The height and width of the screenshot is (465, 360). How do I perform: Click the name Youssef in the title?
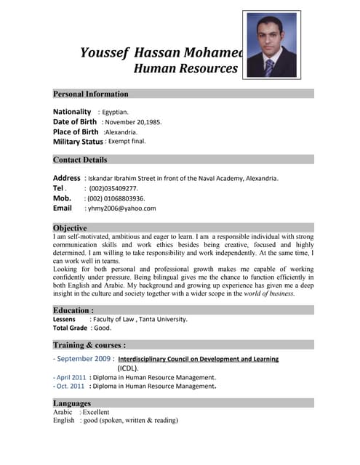click(104, 52)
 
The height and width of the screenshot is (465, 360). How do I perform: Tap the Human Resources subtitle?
click(185, 69)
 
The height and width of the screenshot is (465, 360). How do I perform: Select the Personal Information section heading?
click(90, 94)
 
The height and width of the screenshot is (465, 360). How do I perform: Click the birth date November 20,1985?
click(132, 122)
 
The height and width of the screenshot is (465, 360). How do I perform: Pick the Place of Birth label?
click(76, 132)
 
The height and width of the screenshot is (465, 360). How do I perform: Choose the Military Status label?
click(78, 142)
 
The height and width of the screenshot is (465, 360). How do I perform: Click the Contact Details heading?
click(80, 160)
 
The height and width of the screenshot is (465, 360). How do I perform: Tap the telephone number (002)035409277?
click(113, 187)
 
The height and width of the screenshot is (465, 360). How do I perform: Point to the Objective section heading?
click(70, 227)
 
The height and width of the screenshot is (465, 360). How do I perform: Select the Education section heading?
click(73, 310)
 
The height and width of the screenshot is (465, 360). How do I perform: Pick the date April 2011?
click(71, 378)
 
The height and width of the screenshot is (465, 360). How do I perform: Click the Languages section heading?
click(72, 403)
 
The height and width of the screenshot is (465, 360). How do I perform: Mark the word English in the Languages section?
click(64, 421)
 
